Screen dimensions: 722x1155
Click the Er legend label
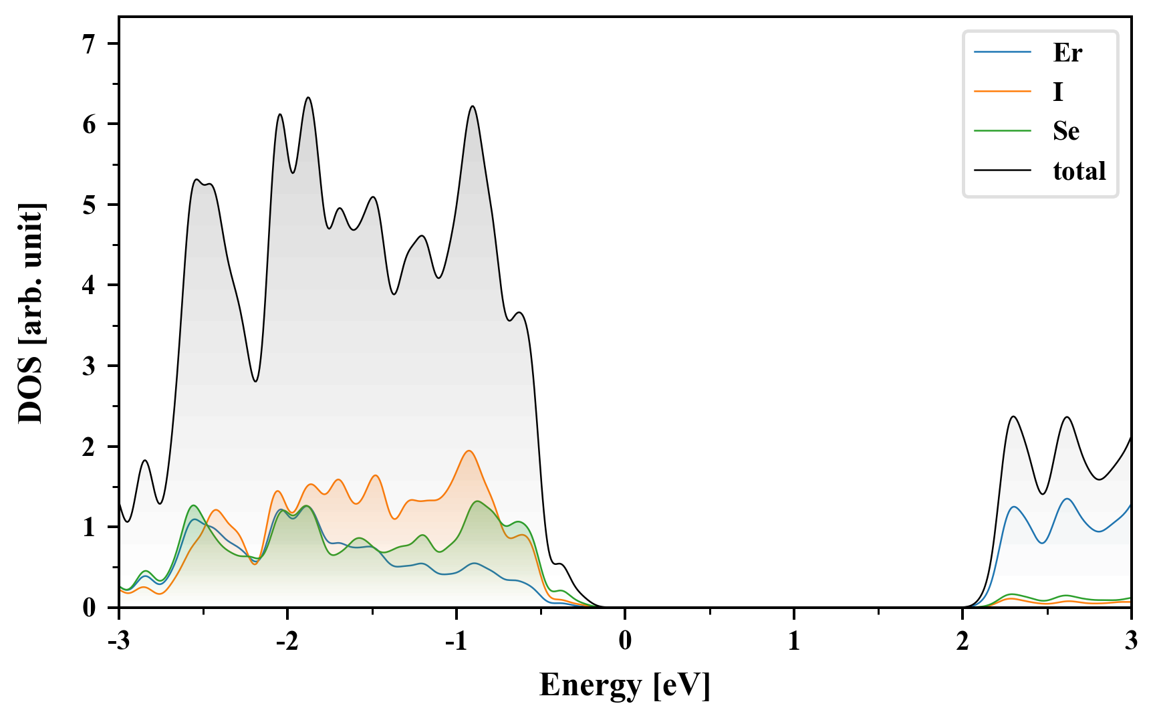pyautogui.click(x=1067, y=53)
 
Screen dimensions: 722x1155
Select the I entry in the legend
pyautogui.click(x=1057, y=92)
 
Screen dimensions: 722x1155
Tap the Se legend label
pyautogui.click(x=1065, y=131)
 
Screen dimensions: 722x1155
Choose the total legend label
pyautogui.click(x=1079, y=171)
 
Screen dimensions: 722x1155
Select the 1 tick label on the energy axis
pyautogui.click(x=793, y=641)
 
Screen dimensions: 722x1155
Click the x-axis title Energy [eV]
pyautogui.click(x=625, y=685)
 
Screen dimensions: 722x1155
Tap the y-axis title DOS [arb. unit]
pyautogui.click(x=31, y=313)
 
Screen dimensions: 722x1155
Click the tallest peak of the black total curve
pyautogui.click(x=308, y=98)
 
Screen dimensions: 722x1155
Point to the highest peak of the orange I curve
pyautogui.click(x=469, y=451)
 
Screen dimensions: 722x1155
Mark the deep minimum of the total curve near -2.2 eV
pyautogui.click(x=255, y=381)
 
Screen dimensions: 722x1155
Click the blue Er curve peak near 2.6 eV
pyautogui.click(x=1067, y=499)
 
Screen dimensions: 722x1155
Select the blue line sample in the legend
pyautogui.click(x=1002, y=53)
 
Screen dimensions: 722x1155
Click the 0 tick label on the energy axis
pyautogui.click(x=625, y=641)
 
